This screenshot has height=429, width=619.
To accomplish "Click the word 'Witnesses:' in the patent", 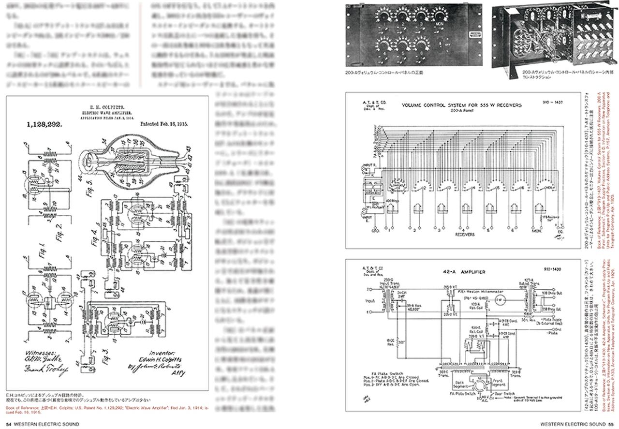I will point(43,353).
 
